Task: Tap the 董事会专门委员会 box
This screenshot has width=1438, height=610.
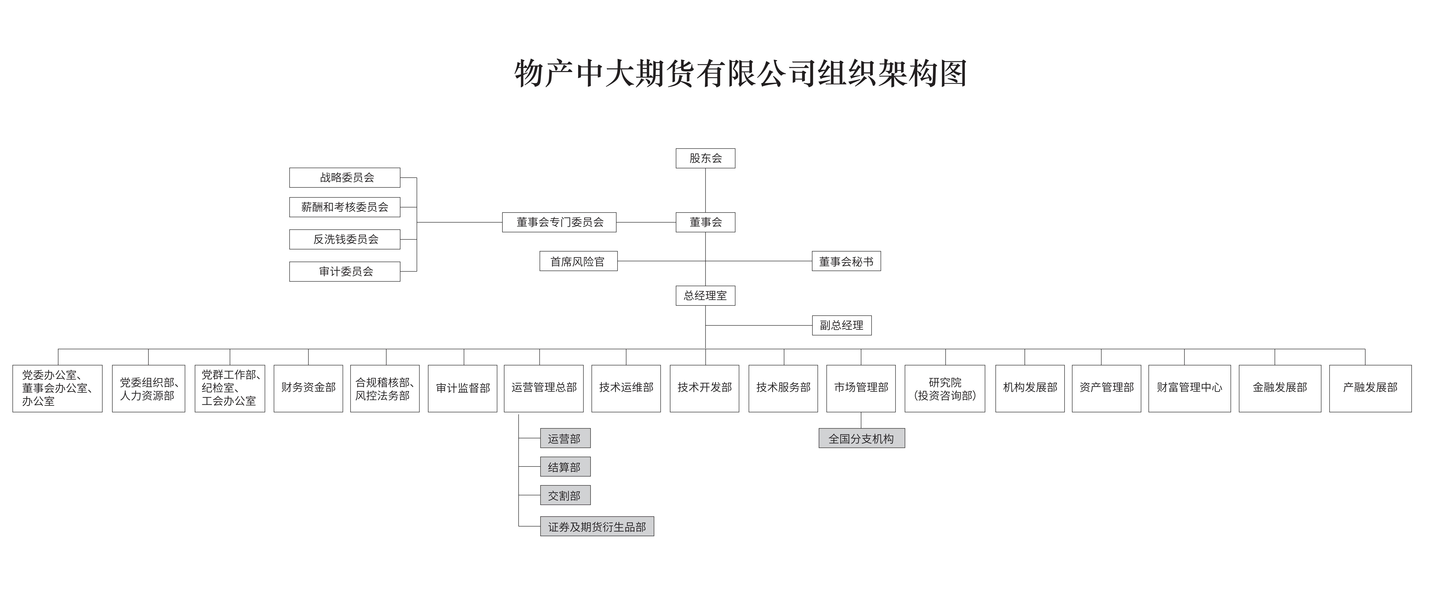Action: click(x=559, y=222)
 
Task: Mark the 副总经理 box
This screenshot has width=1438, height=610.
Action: click(x=841, y=325)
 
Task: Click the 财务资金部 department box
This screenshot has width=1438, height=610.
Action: click(x=308, y=388)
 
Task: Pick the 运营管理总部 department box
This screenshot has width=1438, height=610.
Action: click(x=544, y=388)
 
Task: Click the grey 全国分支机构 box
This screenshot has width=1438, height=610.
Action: click(x=861, y=439)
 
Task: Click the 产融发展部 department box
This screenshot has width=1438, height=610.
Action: click(x=1370, y=388)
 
